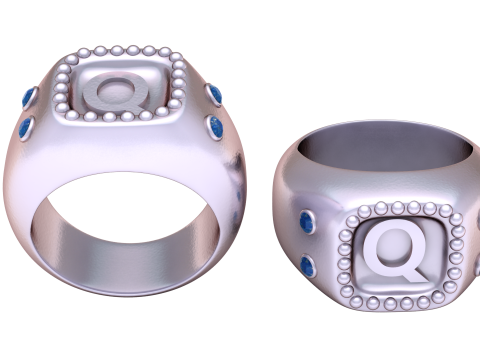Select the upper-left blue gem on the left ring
coord(30,98)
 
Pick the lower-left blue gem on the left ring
coord(26,128)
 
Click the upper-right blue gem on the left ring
coord(215,94)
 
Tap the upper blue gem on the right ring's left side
coord(307,221)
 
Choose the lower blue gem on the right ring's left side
coord(308,266)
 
